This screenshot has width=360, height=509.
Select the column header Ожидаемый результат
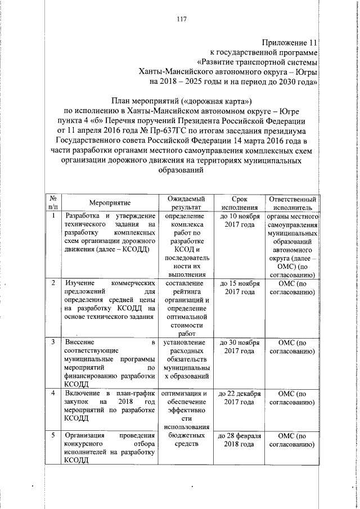(186, 202)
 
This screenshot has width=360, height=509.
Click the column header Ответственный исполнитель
(291, 202)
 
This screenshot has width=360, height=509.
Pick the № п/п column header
(52, 202)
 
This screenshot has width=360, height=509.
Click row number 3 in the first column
(52, 343)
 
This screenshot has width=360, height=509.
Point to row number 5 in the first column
(52, 435)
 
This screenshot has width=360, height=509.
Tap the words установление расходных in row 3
(186, 347)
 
